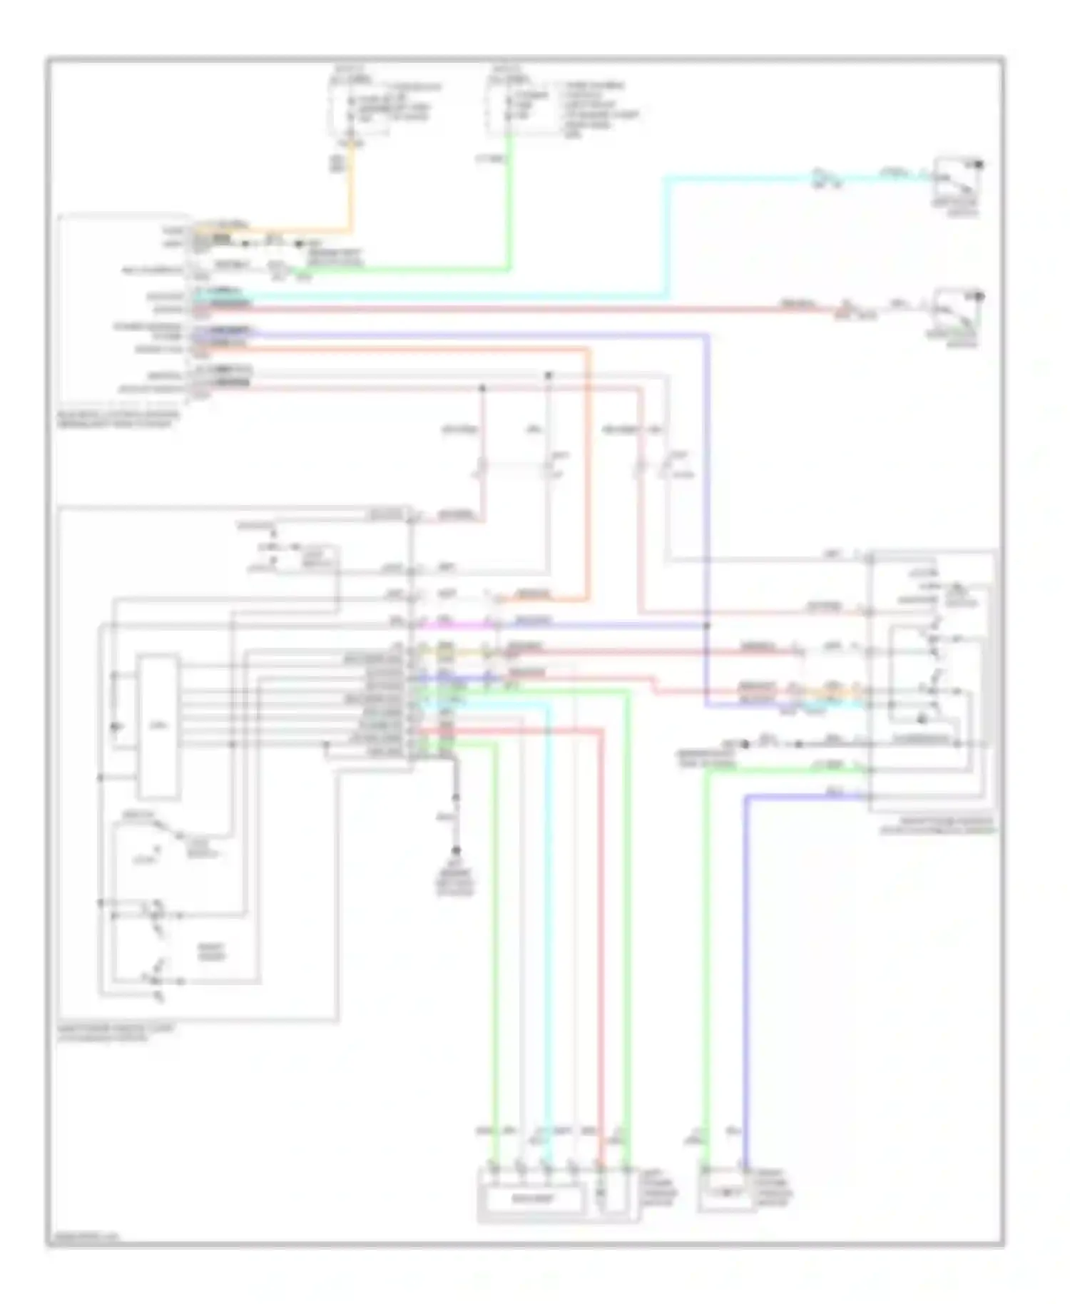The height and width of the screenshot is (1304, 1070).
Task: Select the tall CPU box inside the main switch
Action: tap(158, 725)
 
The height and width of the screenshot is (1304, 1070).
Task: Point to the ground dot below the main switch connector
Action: tap(456, 850)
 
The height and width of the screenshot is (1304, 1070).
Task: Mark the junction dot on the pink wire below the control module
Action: tap(482, 388)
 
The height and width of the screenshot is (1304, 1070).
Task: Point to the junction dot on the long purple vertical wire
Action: tap(707, 626)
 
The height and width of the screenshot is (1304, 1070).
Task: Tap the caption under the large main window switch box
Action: tap(114, 1034)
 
